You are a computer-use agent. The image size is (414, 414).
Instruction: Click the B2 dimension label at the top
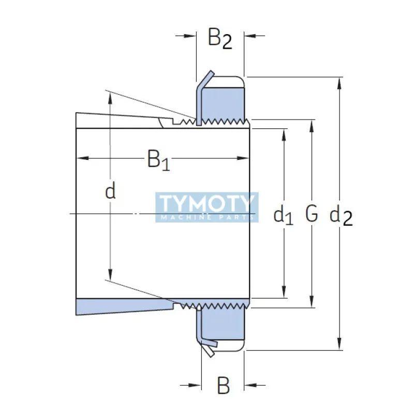[220, 38]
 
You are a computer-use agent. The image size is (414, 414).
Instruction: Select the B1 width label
[158, 160]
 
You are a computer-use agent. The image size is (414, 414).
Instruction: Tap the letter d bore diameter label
[110, 191]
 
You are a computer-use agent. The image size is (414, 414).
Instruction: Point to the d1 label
[283, 214]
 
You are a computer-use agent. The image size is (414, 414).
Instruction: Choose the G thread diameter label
[311, 214]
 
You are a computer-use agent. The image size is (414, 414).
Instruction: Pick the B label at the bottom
[223, 386]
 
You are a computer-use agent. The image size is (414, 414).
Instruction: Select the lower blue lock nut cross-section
[223, 324]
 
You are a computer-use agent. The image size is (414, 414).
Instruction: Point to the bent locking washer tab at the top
[205, 80]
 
